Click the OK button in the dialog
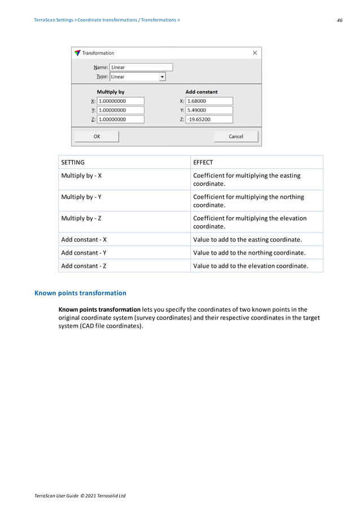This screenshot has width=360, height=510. point(96,136)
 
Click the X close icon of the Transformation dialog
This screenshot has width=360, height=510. point(254,53)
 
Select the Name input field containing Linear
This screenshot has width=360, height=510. point(141,67)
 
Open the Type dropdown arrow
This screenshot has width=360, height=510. point(163,77)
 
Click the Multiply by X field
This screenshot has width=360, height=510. point(120,101)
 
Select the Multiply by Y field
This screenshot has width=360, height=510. point(120,110)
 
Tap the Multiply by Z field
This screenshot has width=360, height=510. point(120,119)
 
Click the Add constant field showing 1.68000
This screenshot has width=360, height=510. point(209,101)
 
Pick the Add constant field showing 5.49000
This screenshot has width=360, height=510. point(209,110)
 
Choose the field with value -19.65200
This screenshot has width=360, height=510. point(209,119)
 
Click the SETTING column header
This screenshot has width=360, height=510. point(73,163)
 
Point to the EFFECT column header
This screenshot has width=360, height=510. point(203,163)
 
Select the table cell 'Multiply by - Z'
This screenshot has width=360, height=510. point(81,219)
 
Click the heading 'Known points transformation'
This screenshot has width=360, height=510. point(80,293)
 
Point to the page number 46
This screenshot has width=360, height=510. point(339,20)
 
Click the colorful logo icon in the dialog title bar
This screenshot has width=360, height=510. point(77,53)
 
